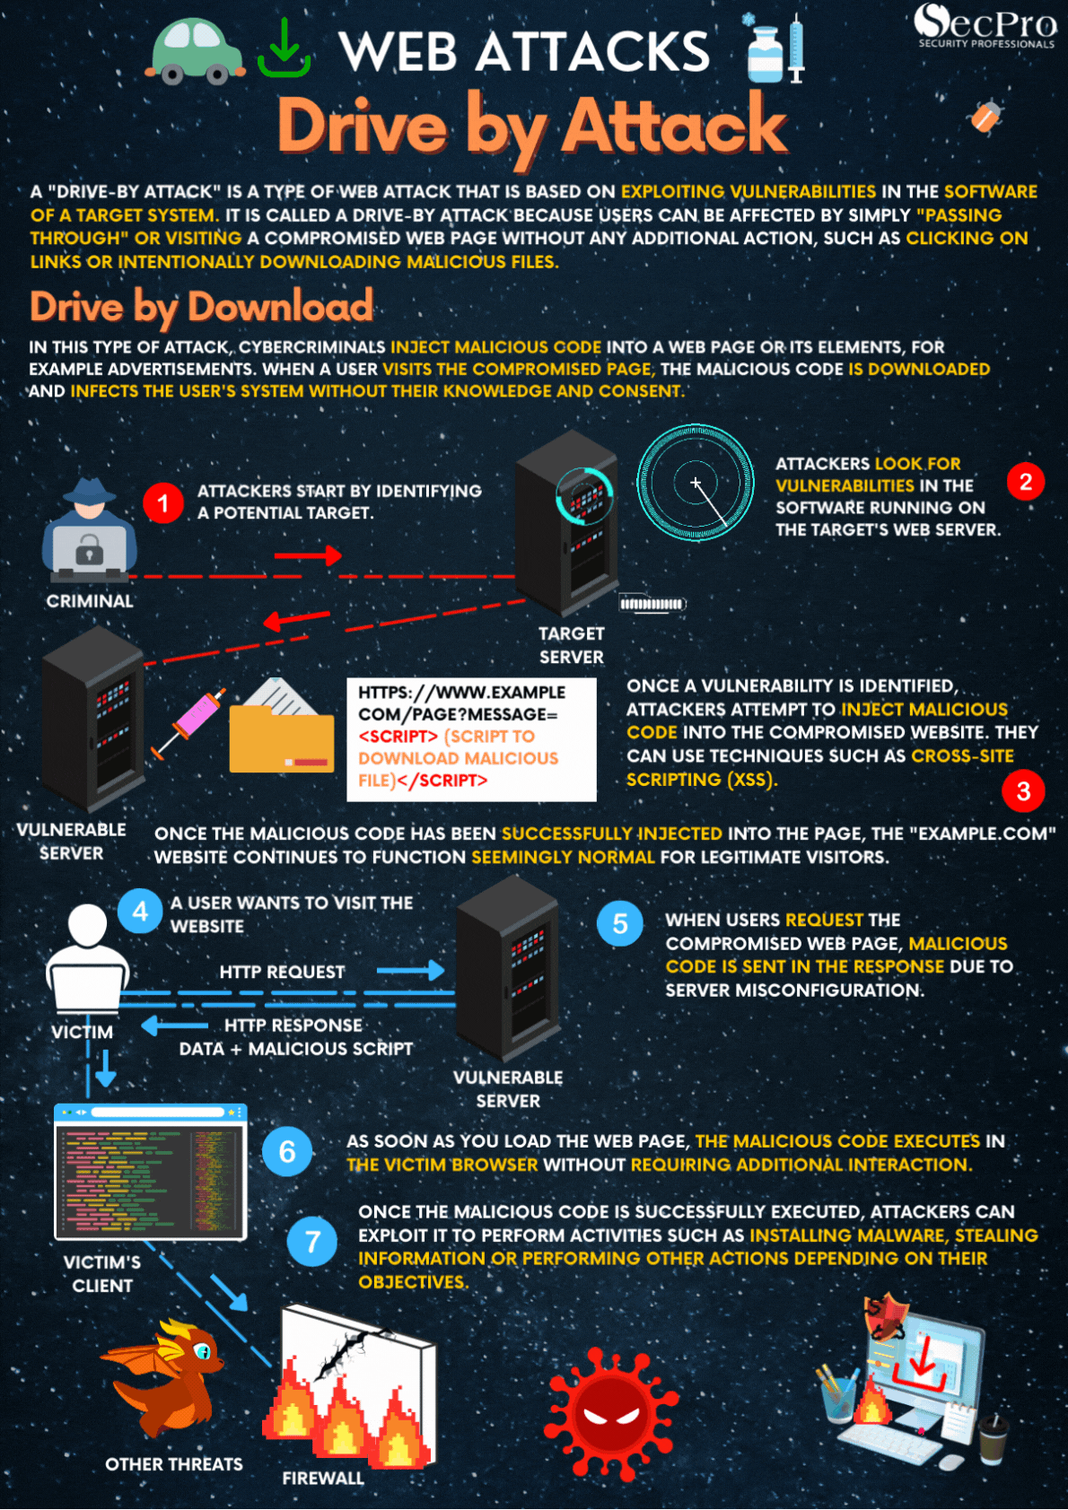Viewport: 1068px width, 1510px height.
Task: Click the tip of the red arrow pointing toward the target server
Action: (343, 556)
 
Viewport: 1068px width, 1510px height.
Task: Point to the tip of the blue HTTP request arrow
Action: (445, 971)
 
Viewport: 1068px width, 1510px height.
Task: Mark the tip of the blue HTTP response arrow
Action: (142, 1026)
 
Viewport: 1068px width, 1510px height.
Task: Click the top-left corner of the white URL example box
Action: (347, 678)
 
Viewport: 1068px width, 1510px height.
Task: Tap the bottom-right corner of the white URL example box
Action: (597, 801)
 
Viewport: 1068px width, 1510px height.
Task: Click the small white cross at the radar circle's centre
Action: (696, 483)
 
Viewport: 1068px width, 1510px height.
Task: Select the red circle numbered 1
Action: (162, 502)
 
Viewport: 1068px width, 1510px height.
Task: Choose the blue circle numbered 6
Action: (286, 1152)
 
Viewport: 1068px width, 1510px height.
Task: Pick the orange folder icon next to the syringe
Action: (281, 727)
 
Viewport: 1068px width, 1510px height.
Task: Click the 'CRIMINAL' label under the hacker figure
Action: (90, 601)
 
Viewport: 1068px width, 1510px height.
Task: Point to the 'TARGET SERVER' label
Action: (572, 645)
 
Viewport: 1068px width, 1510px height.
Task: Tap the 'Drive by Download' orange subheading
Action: (201, 308)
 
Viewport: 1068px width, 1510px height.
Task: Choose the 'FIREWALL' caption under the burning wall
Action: (323, 1479)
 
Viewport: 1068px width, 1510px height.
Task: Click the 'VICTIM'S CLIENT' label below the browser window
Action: (102, 1274)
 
